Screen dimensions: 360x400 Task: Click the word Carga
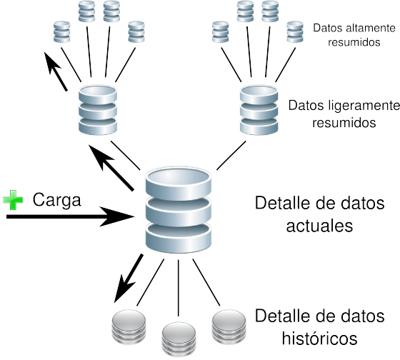point(57,199)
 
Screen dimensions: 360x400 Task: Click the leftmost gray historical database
point(129,328)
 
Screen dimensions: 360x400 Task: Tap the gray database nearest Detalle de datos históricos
point(229,326)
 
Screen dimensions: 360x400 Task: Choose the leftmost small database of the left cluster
point(61,33)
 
